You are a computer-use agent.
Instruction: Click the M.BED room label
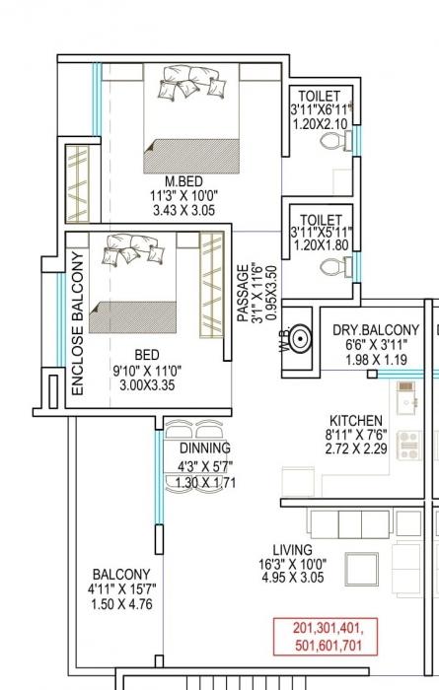pos(183,180)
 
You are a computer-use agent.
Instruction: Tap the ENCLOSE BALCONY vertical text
pos(78,324)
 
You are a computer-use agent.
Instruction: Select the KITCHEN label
pos(356,421)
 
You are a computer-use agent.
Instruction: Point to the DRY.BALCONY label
pos(376,330)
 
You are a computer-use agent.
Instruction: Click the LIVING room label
pos(294,550)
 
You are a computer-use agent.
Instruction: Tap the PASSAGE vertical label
pos(244,293)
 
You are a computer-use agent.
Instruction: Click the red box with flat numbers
pos(327,635)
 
